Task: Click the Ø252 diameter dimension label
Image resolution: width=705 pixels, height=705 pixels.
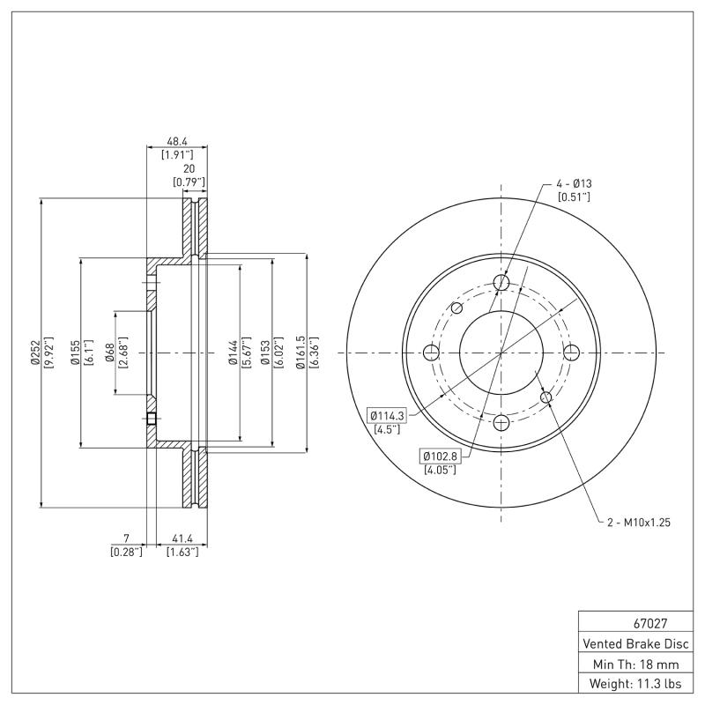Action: (x=34, y=352)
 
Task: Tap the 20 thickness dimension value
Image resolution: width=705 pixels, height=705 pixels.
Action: (x=188, y=168)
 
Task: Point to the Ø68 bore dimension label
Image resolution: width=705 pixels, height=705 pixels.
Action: (x=109, y=352)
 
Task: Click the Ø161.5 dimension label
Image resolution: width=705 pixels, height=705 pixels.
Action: (x=301, y=352)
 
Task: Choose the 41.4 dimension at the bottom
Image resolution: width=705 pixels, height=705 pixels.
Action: (x=182, y=538)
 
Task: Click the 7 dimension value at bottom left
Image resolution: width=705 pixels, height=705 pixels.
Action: (x=127, y=538)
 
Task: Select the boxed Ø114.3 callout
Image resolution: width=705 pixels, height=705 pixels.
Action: (x=384, y=414)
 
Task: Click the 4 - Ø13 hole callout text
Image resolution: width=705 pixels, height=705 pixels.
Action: (x=573, y=182)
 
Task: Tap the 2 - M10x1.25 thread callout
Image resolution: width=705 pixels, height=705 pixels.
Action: (x=639, y=522)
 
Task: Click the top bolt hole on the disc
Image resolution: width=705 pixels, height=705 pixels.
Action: (x=501, y=282)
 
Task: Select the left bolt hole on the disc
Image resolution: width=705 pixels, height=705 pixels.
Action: (x=431, y=353)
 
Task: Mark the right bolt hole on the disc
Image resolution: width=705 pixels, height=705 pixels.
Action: (x=572, y=353)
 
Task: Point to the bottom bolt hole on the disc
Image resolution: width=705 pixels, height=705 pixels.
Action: (x=501, y=423)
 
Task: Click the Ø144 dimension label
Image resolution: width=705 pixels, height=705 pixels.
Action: (x=233, y=352)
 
